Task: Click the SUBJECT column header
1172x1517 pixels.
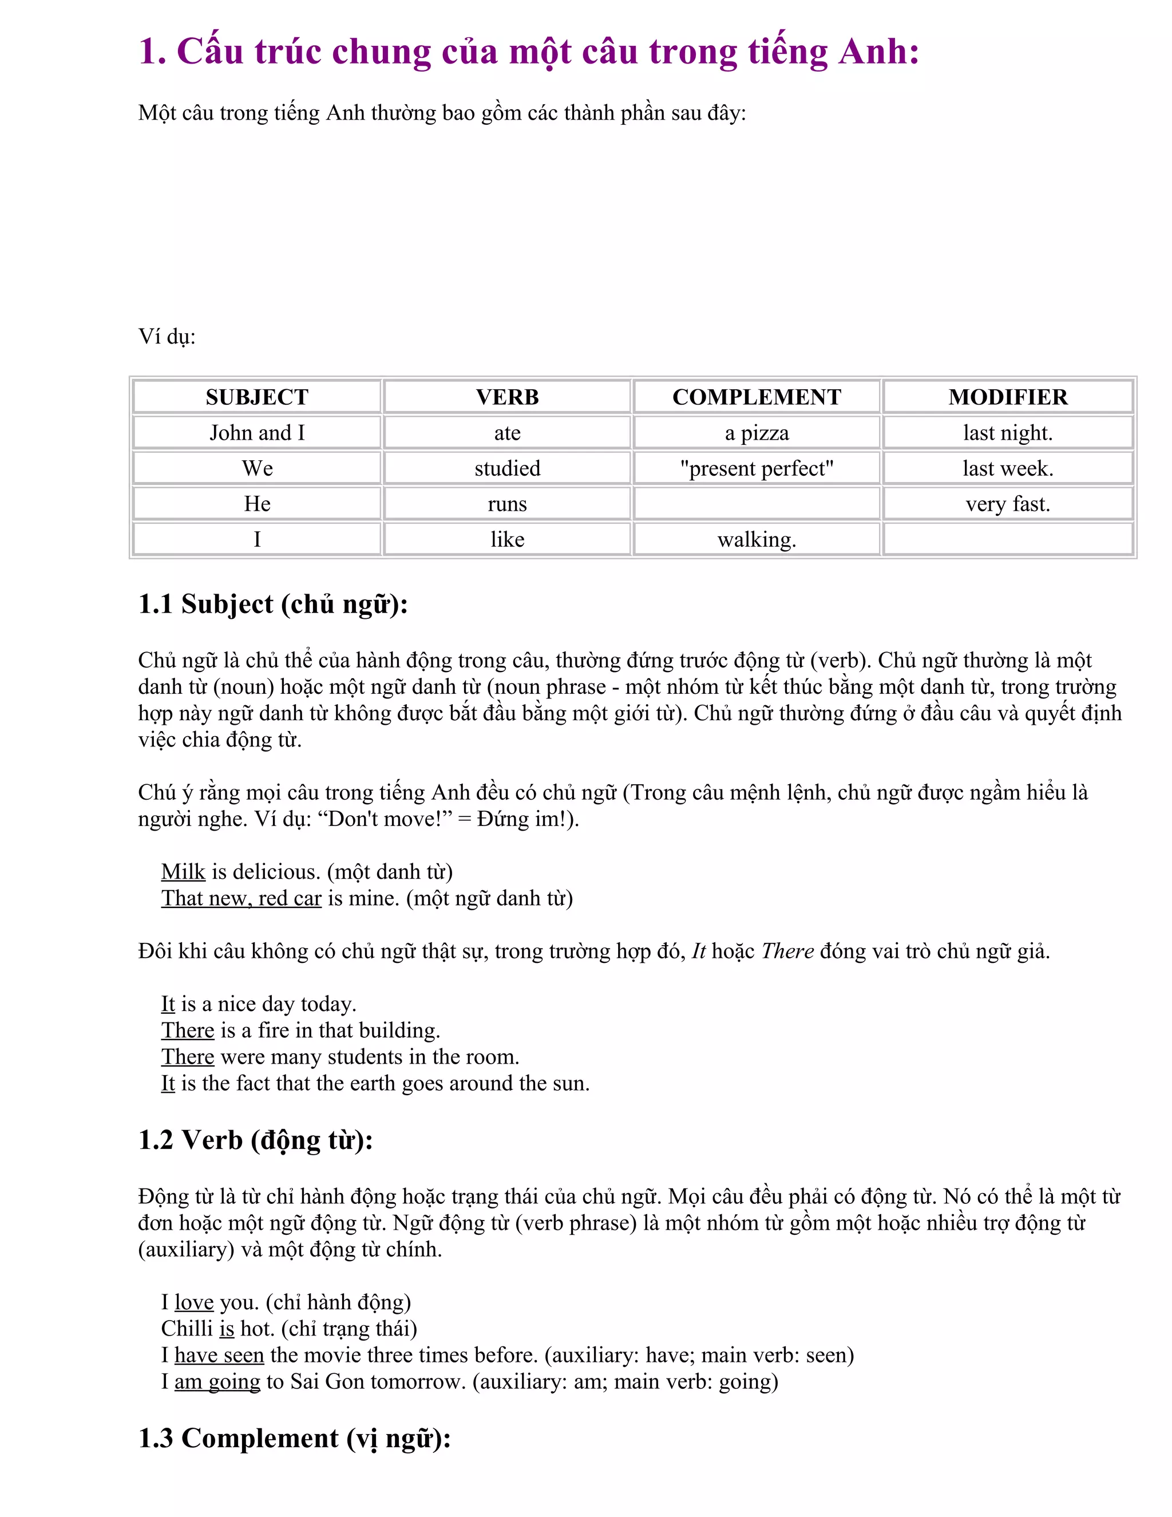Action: [257, 397]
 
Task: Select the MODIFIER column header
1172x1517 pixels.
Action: [1007, 397]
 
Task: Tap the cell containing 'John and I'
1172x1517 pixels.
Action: [257, 433]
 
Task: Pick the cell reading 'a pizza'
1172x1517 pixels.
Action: [757, 433]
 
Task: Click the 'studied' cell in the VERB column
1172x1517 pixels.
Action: [507, 468]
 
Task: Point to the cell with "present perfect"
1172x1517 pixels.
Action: [757, 468]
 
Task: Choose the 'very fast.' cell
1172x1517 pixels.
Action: [1007, 504]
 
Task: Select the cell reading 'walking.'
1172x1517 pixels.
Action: [757, 539]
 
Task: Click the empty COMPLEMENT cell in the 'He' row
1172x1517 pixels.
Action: [757, 504]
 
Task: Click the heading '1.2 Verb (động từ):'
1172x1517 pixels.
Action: [255, 1140]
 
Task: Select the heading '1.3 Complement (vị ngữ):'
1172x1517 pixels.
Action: [294, 1438]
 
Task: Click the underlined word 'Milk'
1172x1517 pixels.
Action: [183, 872]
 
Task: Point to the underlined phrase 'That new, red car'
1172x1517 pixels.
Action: [241, 898]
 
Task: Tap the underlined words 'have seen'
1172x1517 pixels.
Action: [219, 1354]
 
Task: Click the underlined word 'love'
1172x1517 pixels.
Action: [194, 1302]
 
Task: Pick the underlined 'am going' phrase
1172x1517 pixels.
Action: [217, 1381]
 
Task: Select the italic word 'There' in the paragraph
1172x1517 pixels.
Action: [787, 951]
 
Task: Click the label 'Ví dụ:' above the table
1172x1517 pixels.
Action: [167, 337]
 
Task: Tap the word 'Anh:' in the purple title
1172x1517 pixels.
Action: [878, 52]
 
